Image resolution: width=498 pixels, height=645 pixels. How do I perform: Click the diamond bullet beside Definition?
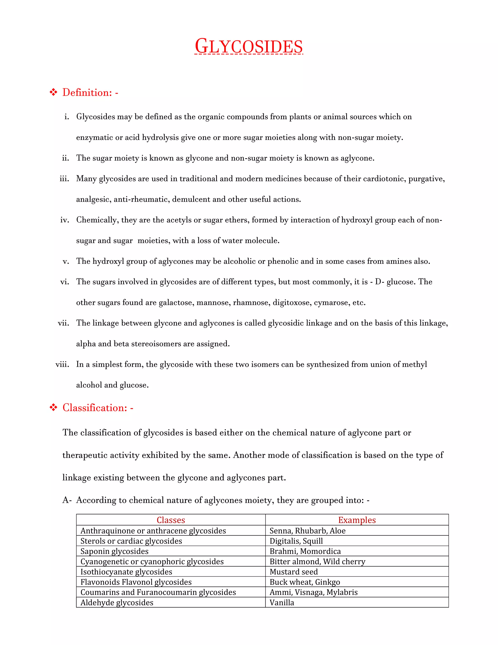(x=53, y=92)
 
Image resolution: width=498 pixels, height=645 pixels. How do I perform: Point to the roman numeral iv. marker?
(x=65, y=220)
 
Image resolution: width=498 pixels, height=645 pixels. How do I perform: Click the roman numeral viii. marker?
(x=62, y=364)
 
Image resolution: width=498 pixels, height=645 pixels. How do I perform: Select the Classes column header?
(x=170, y=520)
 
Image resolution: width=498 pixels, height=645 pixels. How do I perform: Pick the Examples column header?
(x=357, y=520)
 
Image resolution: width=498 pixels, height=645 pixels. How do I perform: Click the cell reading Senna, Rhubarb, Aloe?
(x=307, y=531)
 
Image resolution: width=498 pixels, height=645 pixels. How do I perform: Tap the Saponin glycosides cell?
(x=115, y=551)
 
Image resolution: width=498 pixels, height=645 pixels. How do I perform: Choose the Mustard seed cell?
(x=293, y=572)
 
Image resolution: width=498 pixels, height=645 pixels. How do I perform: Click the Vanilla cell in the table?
(x=282, y=602)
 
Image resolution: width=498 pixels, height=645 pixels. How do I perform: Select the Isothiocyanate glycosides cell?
(x=126, y=572)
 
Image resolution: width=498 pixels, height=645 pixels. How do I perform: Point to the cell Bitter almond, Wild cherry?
(x=317, y=562)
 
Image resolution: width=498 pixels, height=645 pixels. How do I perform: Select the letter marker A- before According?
(x=67, y=500)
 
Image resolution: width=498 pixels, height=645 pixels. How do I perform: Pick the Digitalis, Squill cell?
(x=296, y=541)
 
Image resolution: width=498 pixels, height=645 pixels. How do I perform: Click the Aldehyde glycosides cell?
(x=117, y=602)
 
